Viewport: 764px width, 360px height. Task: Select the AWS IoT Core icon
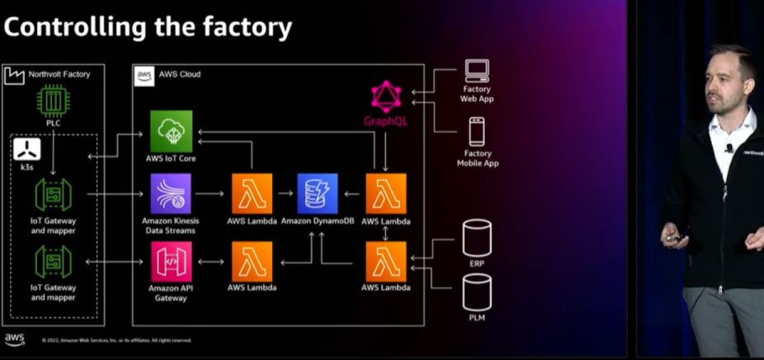(x=171, y=132)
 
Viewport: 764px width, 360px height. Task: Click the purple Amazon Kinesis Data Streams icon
(x=171, y=194)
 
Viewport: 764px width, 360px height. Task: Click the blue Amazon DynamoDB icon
(x=317, y=194)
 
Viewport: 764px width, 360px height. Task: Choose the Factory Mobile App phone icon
(x=476, y=132)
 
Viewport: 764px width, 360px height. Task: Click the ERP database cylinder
(x=476, y=237)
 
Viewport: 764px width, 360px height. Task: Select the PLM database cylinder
(x=476, y=292)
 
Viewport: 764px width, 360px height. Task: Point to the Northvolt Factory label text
(x=59, y=75)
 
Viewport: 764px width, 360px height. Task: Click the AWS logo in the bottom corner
(x=15, y=339)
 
